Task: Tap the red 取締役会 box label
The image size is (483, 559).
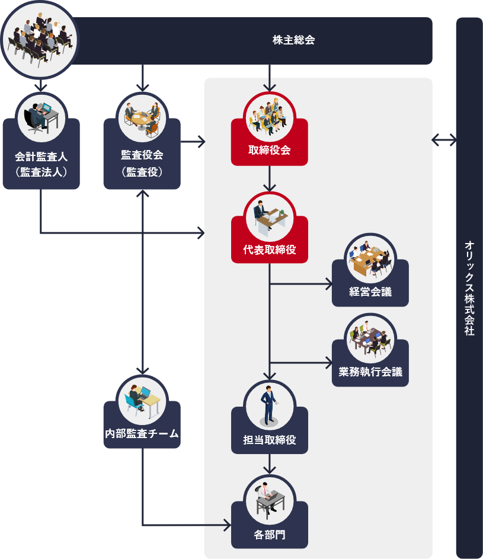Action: (270, 149)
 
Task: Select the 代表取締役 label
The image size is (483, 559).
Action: (270, 250)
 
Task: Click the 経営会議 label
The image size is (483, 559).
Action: (370, 292)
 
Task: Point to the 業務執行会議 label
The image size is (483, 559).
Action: (370, 372)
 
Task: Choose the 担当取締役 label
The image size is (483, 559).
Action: (270, 440)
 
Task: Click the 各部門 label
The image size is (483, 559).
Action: (270, 535)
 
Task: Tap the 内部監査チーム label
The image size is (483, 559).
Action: (142, 433)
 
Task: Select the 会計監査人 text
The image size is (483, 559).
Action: (41, 156)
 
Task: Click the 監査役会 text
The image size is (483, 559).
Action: (142, 155)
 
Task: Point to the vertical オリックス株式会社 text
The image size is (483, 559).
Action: (469, 288)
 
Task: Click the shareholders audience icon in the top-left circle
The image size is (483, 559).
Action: (40, 40)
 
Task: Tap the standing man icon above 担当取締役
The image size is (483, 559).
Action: (270, 405)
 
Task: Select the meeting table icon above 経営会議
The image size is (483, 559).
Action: (370, 258)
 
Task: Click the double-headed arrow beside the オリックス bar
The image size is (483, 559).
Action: (444, 140)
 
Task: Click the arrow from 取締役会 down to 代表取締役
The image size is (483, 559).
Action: (270, 178)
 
